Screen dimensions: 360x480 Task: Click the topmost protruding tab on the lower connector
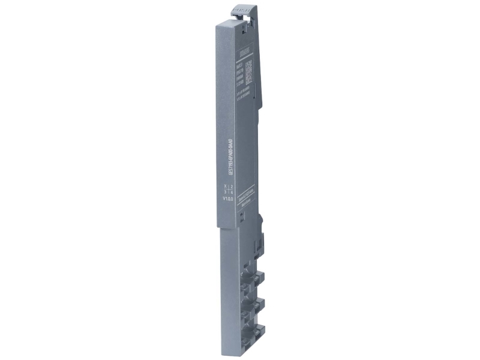pos(259,278)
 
